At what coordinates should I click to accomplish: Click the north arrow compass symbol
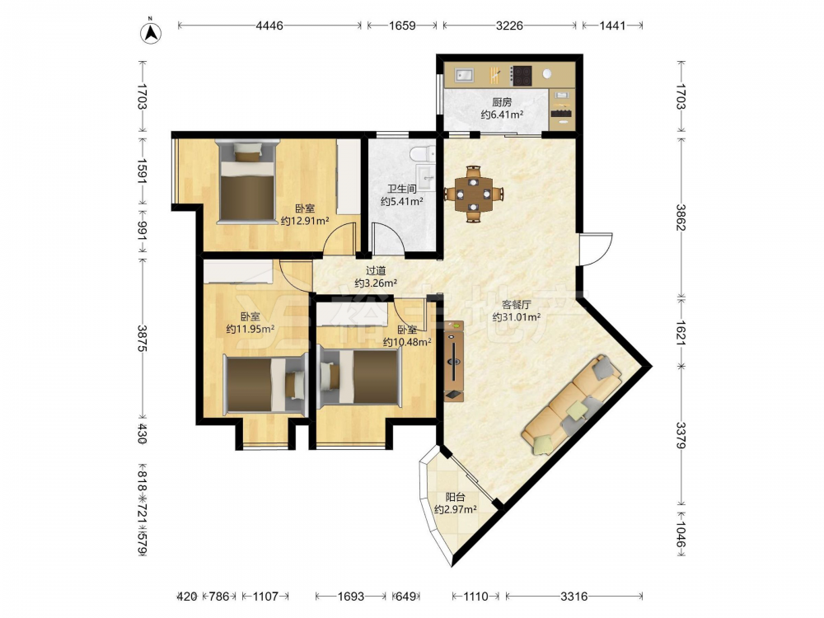(151, 31)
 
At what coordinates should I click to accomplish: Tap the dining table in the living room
(474, 194)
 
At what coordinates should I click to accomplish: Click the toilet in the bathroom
(423, 153)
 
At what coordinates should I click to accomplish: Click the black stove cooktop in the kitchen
(522, 75)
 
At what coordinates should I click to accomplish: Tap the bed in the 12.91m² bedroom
(247, 182)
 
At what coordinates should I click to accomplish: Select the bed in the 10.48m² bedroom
(361, 377)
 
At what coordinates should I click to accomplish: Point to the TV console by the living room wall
(453, 361)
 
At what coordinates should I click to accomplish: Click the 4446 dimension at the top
(269, 26)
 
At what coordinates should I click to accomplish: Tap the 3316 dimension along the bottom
(574, 597)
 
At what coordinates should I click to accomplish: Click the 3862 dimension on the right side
(681, 217)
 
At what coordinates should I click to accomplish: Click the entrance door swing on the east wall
(596, 250)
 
